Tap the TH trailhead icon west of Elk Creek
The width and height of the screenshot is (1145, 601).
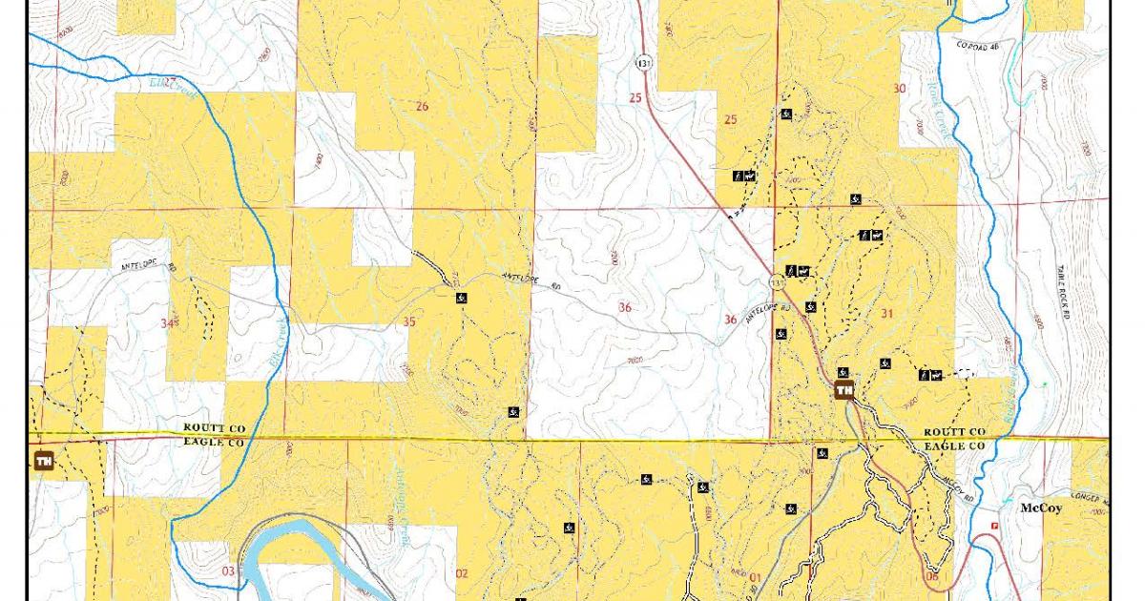click(43, 462)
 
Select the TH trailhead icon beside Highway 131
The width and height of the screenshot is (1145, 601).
click(843, 389)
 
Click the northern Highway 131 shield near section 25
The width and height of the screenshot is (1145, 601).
click(645, 63)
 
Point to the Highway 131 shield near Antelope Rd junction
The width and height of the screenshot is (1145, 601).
click(778, 281)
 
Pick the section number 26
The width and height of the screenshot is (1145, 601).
click(422, 106)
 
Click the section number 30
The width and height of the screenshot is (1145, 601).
click(899, 89)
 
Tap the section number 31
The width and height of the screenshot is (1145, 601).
click(886, 313)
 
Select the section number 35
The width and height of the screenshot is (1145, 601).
click(409, 321)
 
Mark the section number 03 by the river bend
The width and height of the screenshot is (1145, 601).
click(227, 571)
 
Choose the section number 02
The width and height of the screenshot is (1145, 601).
click(462, 573)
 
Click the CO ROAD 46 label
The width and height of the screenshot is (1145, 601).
click(980, 45)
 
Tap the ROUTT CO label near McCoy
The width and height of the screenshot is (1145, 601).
click(954, 432)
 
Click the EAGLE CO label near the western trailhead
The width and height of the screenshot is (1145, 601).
click(215, 444)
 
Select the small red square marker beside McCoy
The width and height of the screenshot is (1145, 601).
click(996, 525)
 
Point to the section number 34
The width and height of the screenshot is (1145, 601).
click(169, 324)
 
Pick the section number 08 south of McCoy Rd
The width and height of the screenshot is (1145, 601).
click(931, 576)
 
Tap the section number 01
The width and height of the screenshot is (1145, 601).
click(754, 576)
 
